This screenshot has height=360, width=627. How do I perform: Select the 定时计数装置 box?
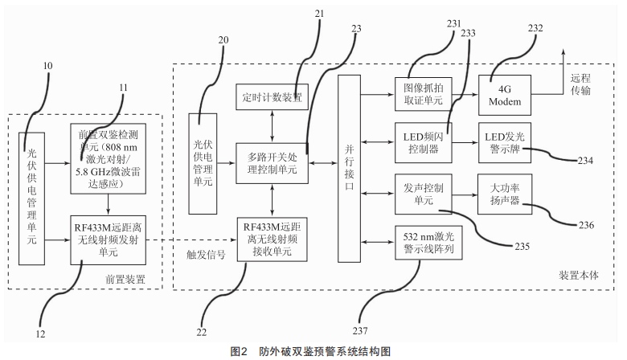pos(271,96)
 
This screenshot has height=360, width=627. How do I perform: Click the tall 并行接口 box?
pos(349,167)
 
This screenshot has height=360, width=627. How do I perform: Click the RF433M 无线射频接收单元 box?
pos(271,238)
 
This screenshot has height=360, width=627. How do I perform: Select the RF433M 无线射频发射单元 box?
pos(103,239)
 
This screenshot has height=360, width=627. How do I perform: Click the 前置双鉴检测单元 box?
pos(103,158)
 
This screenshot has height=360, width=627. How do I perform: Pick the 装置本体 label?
pos(578,275)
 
